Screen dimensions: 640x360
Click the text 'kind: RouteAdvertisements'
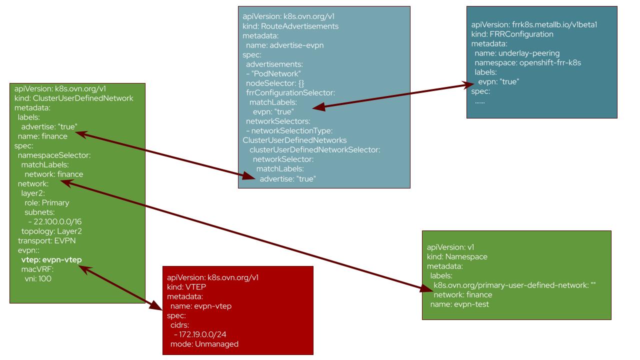[290, 26]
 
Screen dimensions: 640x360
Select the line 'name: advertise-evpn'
[285, 45]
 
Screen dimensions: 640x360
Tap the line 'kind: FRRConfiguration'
[512, 34]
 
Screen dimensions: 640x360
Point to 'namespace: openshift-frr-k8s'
[527, 63]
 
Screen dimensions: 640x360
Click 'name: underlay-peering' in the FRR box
[517, 53]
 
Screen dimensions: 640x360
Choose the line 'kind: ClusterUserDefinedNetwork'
[73, 98]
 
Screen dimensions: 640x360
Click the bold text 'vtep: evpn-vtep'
[51, 259]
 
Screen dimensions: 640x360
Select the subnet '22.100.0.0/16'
[57, 221]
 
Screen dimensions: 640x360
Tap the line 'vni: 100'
[38, 278]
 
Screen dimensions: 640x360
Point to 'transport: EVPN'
[46, 241]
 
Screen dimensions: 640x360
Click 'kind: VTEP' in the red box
[186, 287]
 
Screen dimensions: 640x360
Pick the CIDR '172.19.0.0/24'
[202, 334]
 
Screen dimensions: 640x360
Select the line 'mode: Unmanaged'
[204, 344]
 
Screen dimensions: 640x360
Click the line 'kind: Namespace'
[457, 257]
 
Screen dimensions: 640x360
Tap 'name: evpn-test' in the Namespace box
[459, 304]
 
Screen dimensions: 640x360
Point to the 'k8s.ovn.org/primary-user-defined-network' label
[511, 285]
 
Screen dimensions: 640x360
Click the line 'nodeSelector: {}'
[275, 83]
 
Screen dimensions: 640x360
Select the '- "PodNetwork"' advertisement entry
[273, 73]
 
